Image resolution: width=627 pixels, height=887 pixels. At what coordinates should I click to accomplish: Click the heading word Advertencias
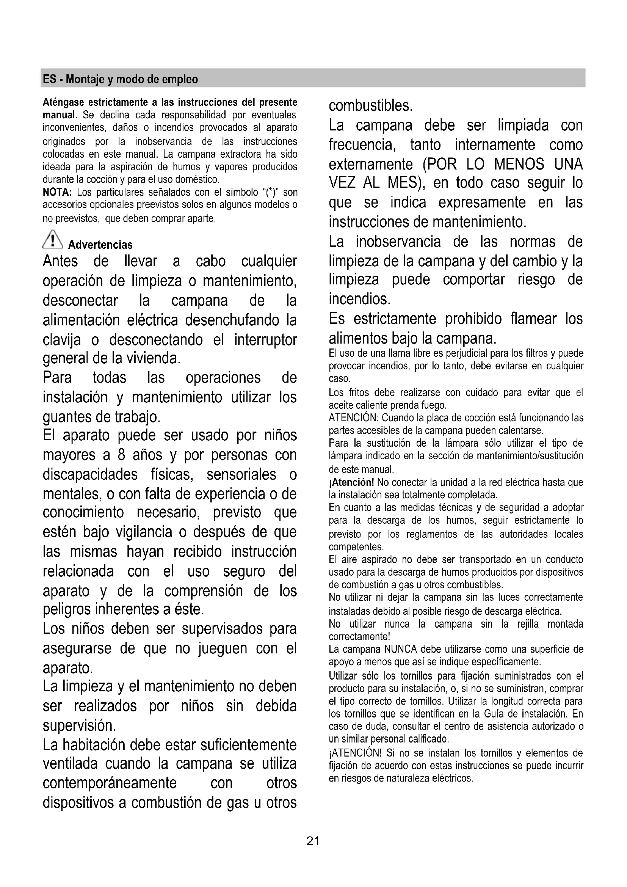pyautogui.click(x=100, y=245)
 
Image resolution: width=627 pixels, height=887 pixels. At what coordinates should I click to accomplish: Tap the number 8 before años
pyautogui.click(x=121, y=455)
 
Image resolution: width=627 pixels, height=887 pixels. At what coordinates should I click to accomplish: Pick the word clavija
pyautogui.click(x=62, y=340)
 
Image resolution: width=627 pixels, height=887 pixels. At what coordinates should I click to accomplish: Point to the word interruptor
pyautogui.click(x=266, y=340)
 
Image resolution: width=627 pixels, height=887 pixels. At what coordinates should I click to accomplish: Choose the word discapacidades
pyautogui.click(x=90, y=474)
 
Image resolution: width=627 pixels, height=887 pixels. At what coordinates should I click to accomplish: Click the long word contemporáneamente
pyautogui.click(x=110, y=783)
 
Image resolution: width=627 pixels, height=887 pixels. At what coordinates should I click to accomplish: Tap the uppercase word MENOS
pyautogui.click(x=519, y=164)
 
